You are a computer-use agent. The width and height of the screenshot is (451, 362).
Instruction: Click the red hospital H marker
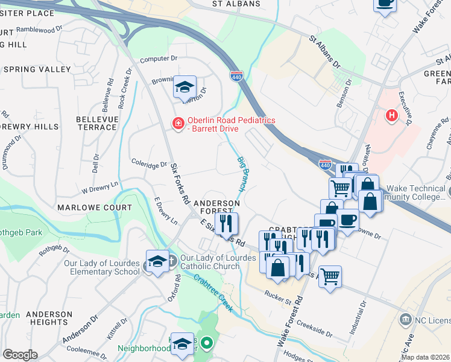click(393, 115)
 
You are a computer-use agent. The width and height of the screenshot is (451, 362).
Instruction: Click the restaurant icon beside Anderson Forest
click(226, 223)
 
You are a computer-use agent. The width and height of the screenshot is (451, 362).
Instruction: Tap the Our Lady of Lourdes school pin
click(157, 261)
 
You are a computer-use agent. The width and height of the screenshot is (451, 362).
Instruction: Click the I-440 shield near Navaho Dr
click(324, 164)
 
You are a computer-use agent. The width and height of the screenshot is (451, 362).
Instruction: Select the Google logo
click(20, 355)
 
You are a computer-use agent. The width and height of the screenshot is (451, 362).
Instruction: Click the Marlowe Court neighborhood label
click(94, 208)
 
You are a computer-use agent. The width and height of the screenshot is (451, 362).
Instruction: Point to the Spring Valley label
click(37, 70)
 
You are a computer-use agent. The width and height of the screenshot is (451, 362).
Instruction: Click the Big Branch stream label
click(243, 175)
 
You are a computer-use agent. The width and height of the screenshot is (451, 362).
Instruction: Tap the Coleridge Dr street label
click(149, 164)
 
